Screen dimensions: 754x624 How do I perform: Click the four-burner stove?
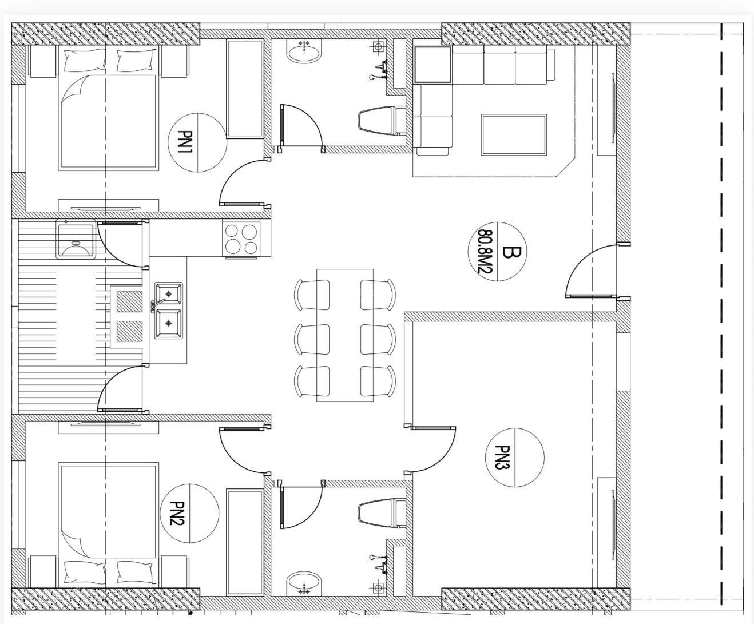click(241, 239)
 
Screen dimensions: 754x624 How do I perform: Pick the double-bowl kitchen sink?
click(168, 310)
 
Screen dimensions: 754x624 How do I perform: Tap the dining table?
click(345, 335)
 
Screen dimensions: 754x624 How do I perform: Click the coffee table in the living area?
click(514, 134)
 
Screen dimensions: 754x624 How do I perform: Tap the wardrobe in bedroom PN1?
click(244, 89)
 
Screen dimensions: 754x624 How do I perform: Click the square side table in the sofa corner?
click(432, 64)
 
